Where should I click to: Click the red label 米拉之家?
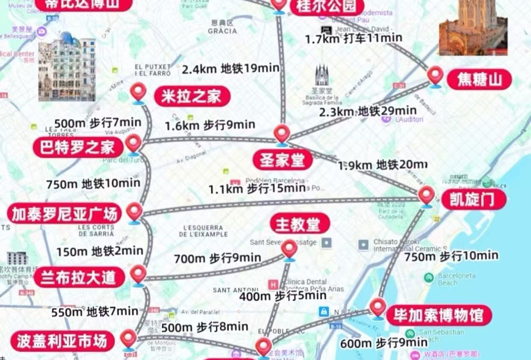tap(192, 97)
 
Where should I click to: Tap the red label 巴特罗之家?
tap(78, 148)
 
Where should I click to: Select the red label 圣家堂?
tap(283, 160)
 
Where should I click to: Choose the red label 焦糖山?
tap(479, 80)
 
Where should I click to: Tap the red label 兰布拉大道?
tap(79, 277)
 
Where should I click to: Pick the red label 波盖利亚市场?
tap(62, 341)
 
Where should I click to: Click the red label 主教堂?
tap(300, 224)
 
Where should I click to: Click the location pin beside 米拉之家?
tap(138, 93)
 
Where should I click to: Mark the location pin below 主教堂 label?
tap(289, 250)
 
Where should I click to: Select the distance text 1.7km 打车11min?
tap(353, 38)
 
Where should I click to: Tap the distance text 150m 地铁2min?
tap(99, 251)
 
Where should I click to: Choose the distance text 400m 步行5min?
tap(282, 296)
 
